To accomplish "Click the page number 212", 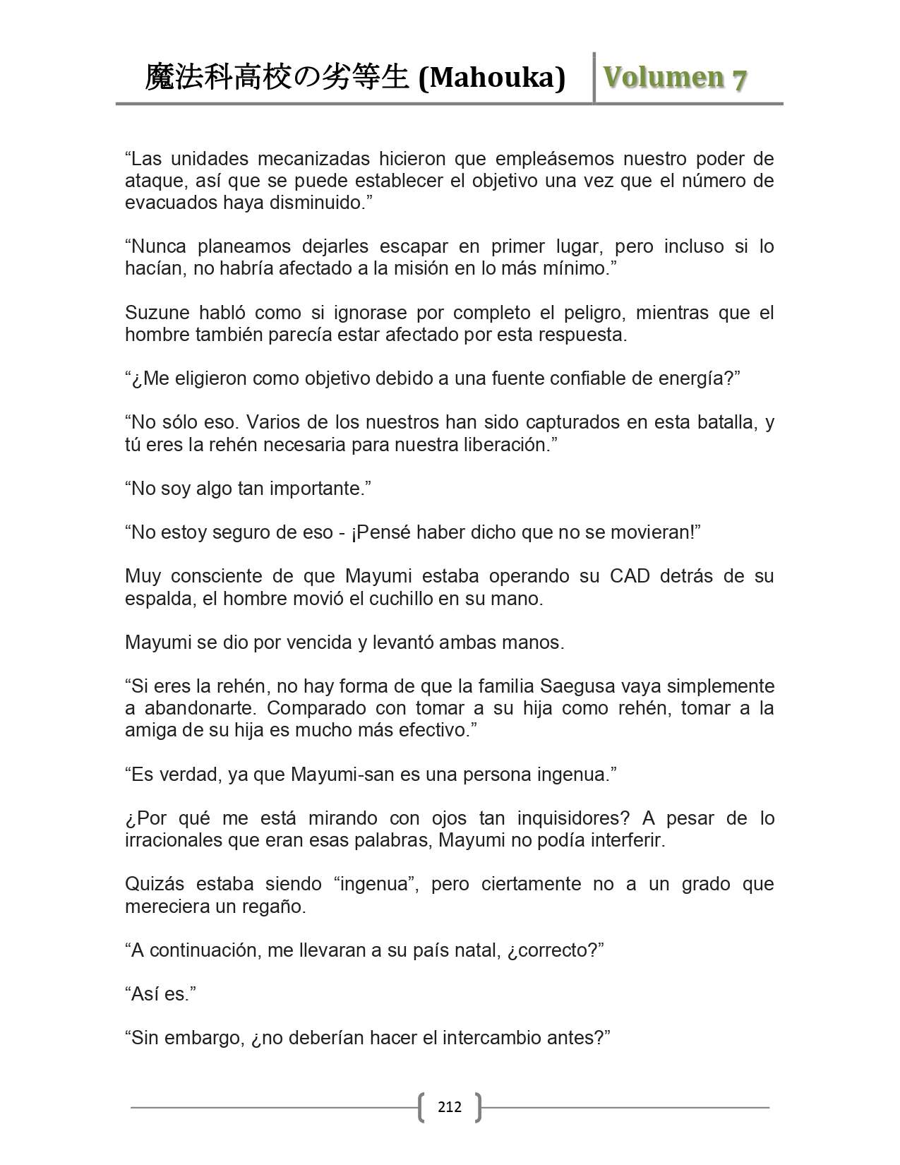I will coord(449,1106).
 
